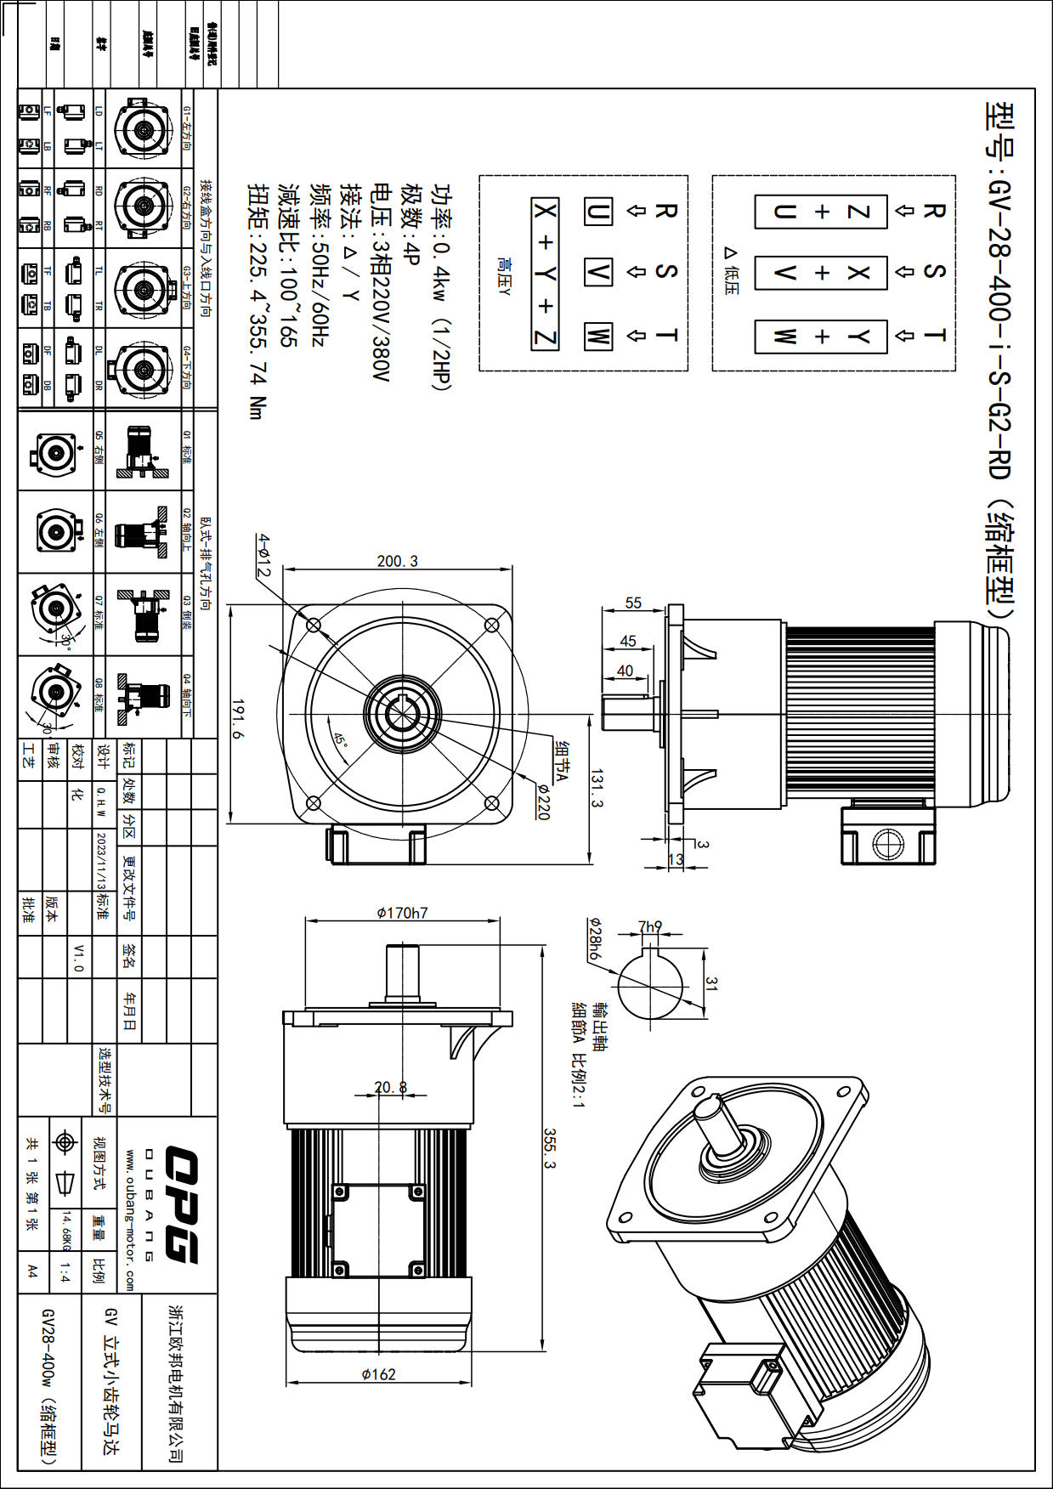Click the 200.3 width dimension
pyautogui.click(x=398, y=562)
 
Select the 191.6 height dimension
pyautogui.click(x=239, y=719)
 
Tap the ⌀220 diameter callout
pyautogui.click(x=543, y=801)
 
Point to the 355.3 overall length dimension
pyautogui.click(x=550, y=1148)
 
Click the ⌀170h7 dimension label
pyautogui.click(x=403, y=913)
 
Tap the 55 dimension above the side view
pyautogui.click(x=633, y=603)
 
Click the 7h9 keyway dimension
pyautogui.click(x=650, y=926)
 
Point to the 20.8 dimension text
pyautogui.click(x=391, y=1087)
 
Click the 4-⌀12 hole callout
pyautogui.click(x=264, y=556)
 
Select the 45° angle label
pyautogui.click(x=341, y=739)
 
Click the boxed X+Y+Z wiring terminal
pyautogui.click(x=545, y=274)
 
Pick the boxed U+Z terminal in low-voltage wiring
pyautogui.click(x=821, y=212)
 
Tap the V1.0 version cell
pyautogui.click(x=79, y=957)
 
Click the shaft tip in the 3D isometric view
pyautogui.click(x=710, y=1108)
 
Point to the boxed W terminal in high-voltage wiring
pyautogui.click(x=597, y=336)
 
